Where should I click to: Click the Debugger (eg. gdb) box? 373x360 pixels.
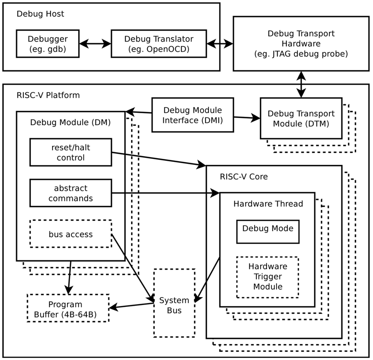48,44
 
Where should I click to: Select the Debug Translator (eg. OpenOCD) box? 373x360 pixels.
159,44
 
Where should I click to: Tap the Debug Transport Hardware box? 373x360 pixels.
301,44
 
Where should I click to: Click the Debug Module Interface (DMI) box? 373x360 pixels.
192,115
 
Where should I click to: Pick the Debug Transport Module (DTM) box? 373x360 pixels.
301,118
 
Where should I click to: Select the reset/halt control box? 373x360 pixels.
71,152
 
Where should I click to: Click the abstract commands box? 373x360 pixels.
71,193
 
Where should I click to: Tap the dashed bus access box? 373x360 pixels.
71,234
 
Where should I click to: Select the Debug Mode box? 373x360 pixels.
268,232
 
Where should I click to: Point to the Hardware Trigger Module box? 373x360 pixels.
268,277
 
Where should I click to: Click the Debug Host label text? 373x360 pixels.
40,14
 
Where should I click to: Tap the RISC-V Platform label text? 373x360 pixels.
48,95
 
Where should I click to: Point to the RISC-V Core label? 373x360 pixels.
244,177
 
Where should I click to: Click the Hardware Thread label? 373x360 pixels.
268,204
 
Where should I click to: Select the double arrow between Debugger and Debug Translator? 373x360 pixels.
95,43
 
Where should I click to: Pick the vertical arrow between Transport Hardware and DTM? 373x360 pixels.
301,84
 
